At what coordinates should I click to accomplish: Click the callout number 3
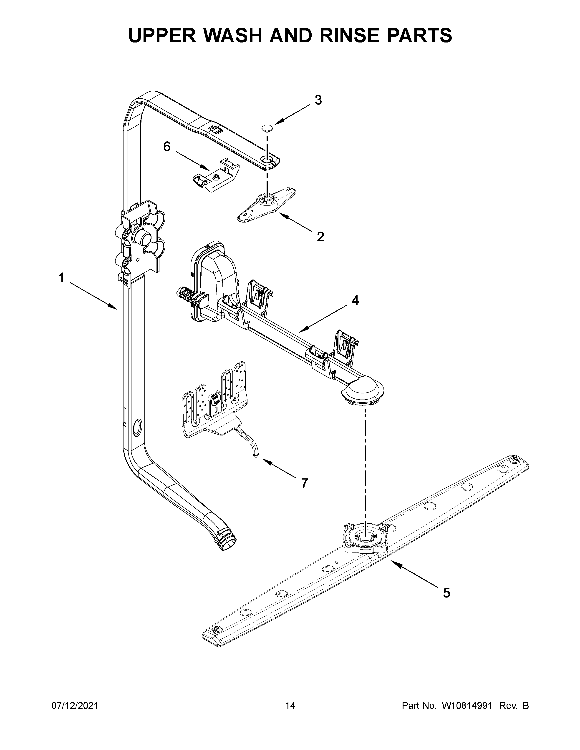pos(318,100)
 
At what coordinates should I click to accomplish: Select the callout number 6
pos(167,147)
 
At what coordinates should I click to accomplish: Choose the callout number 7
pos(304,483)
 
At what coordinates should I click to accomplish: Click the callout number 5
pos(446,593)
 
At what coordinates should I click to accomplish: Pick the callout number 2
pos(320,237)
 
